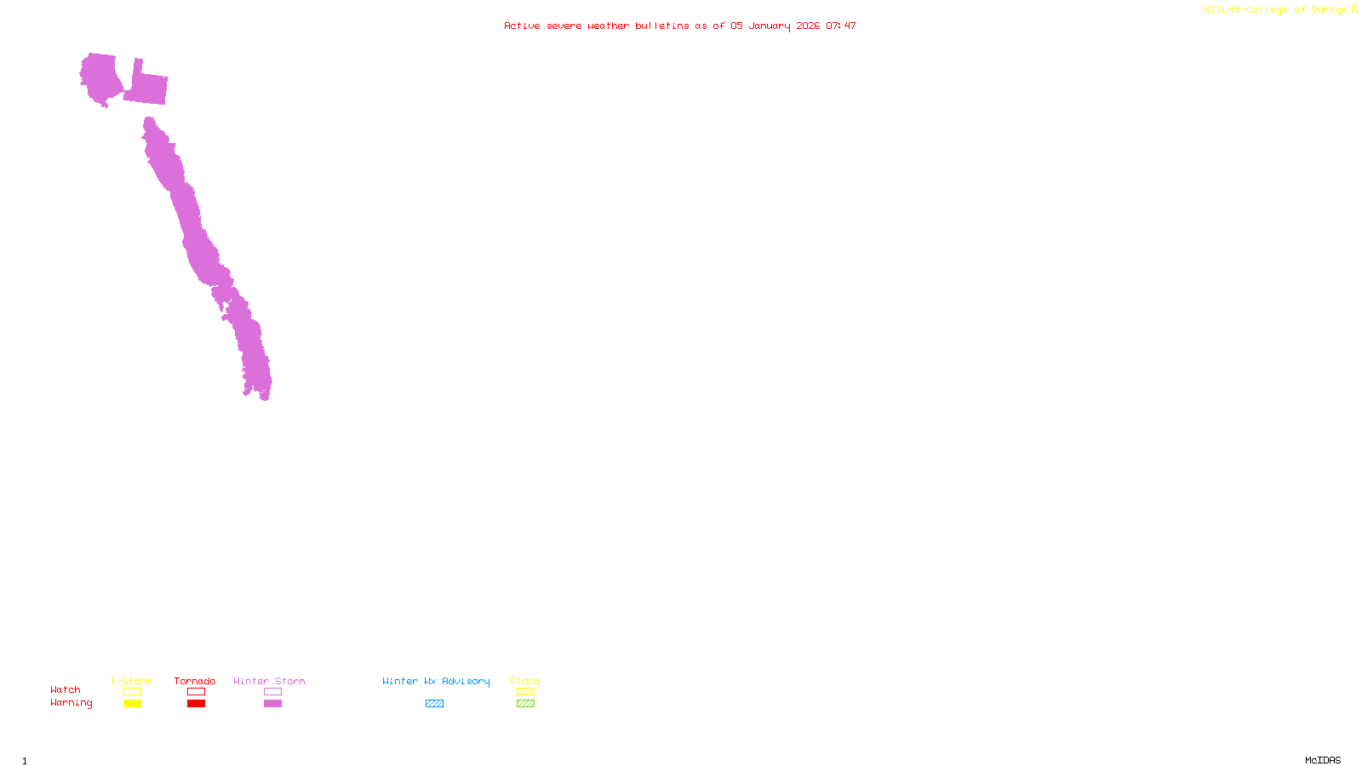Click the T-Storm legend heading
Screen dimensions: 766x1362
(131, 681)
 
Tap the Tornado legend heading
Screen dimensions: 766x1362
(195, 681)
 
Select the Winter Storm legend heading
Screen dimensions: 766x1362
(269, 681)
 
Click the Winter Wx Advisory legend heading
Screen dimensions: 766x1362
(436, 681)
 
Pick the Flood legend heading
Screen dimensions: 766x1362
(525, 681)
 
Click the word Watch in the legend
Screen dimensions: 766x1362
(66, 689)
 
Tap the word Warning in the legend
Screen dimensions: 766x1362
(71, 703)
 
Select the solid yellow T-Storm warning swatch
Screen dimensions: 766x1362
(132, 704)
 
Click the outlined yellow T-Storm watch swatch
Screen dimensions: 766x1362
(132, 692)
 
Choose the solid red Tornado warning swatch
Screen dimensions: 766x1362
(196, 704)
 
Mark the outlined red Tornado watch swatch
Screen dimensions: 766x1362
(196, 692)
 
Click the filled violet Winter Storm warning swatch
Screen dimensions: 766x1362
(272, 704)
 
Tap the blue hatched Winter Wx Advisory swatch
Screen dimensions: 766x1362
(434, 704)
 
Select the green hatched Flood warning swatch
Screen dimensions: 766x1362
(525, 704)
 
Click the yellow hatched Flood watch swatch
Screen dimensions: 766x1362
(525, 692)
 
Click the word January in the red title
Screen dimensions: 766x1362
(770, 26)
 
